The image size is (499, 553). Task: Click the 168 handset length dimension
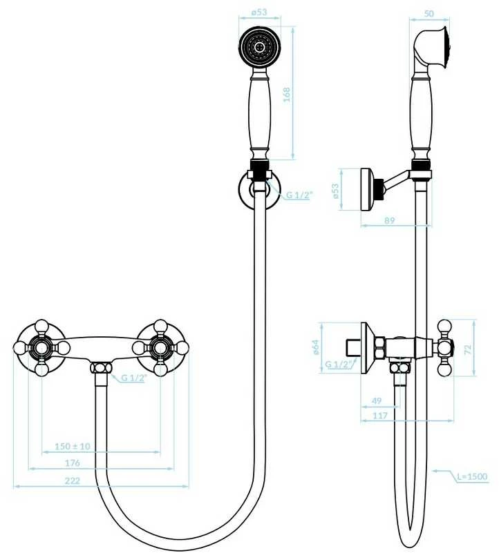click(286, 95)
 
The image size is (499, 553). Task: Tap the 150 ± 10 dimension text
click(73, 446)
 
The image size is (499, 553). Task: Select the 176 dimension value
click(73, 463)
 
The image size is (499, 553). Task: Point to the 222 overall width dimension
click(73, 481)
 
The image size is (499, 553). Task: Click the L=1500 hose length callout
click(472, 477)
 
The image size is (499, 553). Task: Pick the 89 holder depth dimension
click(389, 220)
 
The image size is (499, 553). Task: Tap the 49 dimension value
click(377, 400)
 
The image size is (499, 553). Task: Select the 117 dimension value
click(380, 416)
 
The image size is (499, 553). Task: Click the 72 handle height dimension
click(468, 349)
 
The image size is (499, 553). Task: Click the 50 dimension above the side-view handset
click(429, 14)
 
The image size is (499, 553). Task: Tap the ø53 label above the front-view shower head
click(259, 12)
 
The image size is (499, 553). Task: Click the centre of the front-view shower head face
click(260, 46)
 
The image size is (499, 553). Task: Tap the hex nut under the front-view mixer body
click(101, 368)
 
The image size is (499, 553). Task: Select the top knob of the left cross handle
click(41, 326)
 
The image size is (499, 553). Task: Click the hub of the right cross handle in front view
click(160, 348)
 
